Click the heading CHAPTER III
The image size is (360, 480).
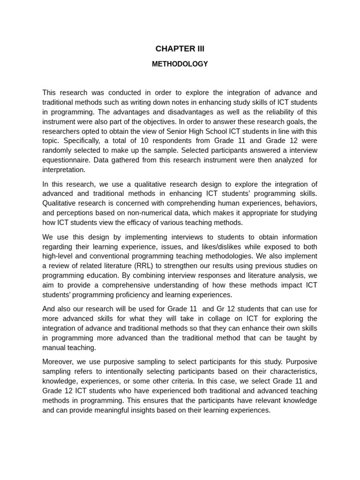(x=180, y=49)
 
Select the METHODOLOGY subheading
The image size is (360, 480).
(x=180, y=64)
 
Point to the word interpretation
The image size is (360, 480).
(x=64, y=170)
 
